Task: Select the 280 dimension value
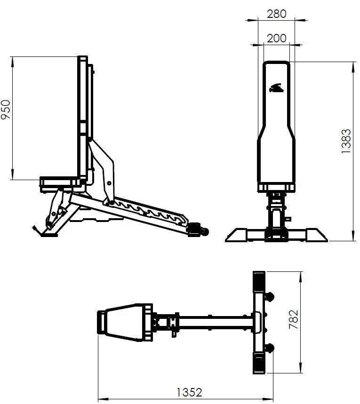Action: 276,14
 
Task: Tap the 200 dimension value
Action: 276,38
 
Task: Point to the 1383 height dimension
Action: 346,142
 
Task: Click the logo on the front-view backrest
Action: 276,88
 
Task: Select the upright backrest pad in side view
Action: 83,118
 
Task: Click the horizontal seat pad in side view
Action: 60,181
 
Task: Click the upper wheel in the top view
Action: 271,297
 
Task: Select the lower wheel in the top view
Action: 271,348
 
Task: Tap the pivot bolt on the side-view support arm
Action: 109,183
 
